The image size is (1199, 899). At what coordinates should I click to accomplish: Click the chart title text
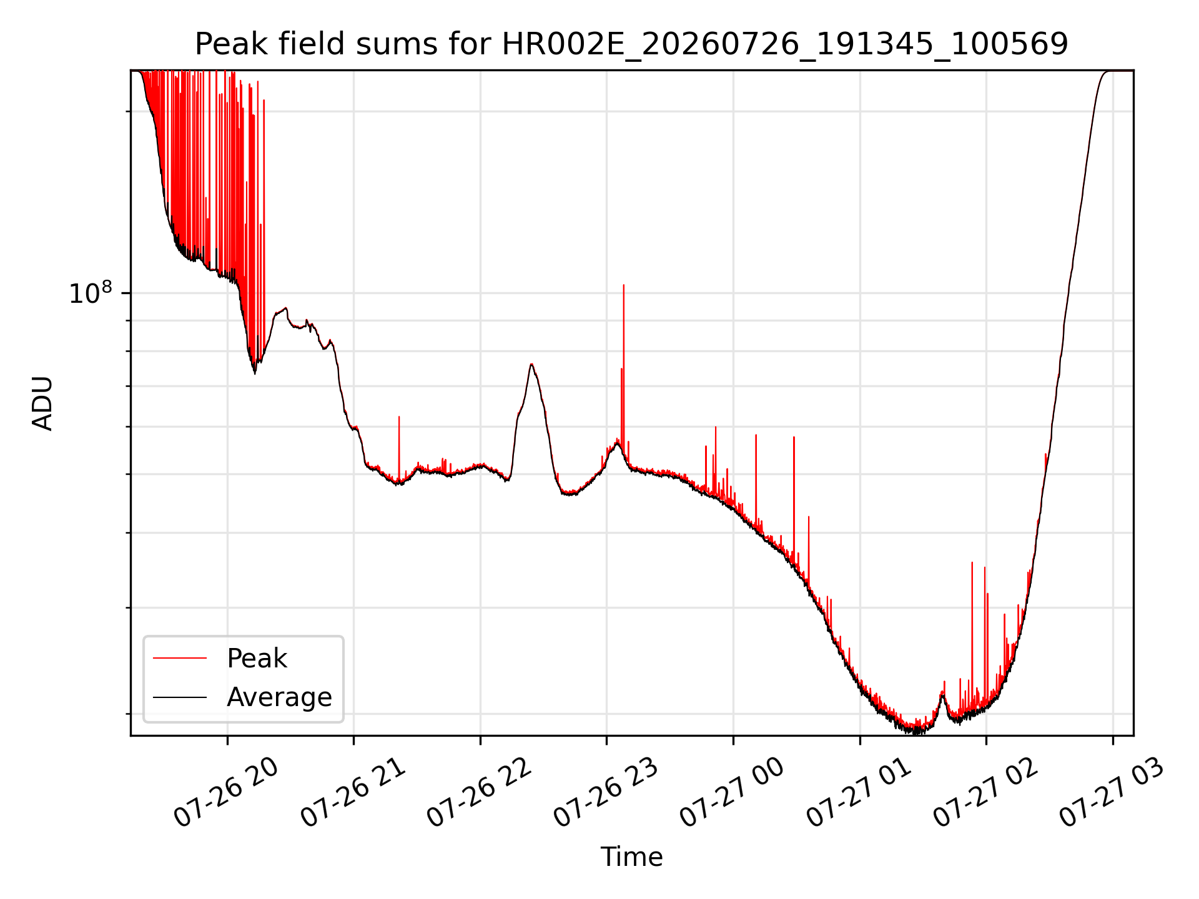631,44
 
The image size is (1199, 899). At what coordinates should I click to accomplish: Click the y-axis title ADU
42,403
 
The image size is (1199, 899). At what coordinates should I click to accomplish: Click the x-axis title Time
631,857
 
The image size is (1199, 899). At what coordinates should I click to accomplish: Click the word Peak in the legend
257,659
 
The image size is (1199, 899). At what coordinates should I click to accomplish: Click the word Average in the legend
279,697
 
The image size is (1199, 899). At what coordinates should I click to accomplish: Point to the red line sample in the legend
180,658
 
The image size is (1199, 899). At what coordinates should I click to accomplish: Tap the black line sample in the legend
180,697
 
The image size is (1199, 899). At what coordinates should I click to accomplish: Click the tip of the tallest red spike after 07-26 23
623,285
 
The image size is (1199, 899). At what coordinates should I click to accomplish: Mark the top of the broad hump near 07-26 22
531,364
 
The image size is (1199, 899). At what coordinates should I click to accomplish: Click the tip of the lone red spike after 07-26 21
399,416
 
